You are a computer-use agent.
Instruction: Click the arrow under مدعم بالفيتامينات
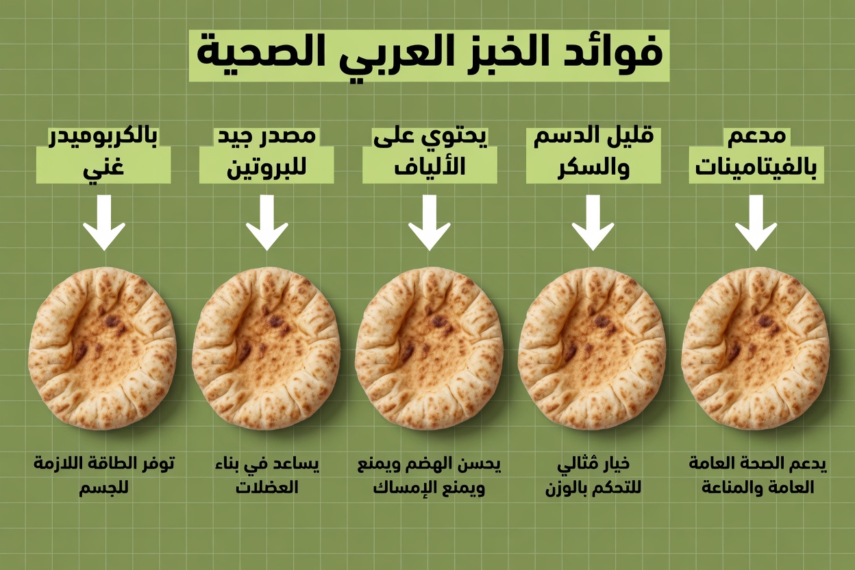pos(756,222)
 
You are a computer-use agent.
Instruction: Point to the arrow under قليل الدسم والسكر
pos(593,222)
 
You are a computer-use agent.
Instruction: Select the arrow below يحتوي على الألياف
pos(430,222)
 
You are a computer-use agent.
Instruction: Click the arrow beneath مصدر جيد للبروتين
pos(267,222)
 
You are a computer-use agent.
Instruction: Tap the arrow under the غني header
pos(104,222)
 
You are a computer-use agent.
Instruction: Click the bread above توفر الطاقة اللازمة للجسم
pos(103,348)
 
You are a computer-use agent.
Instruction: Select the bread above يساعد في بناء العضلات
pos(266,348)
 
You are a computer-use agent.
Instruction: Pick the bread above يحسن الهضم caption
pos(429,348)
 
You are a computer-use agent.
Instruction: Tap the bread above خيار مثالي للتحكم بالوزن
pos(592,348)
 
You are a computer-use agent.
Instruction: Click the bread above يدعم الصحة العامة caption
pos(755,348)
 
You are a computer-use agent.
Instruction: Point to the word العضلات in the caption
pos(267,488)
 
